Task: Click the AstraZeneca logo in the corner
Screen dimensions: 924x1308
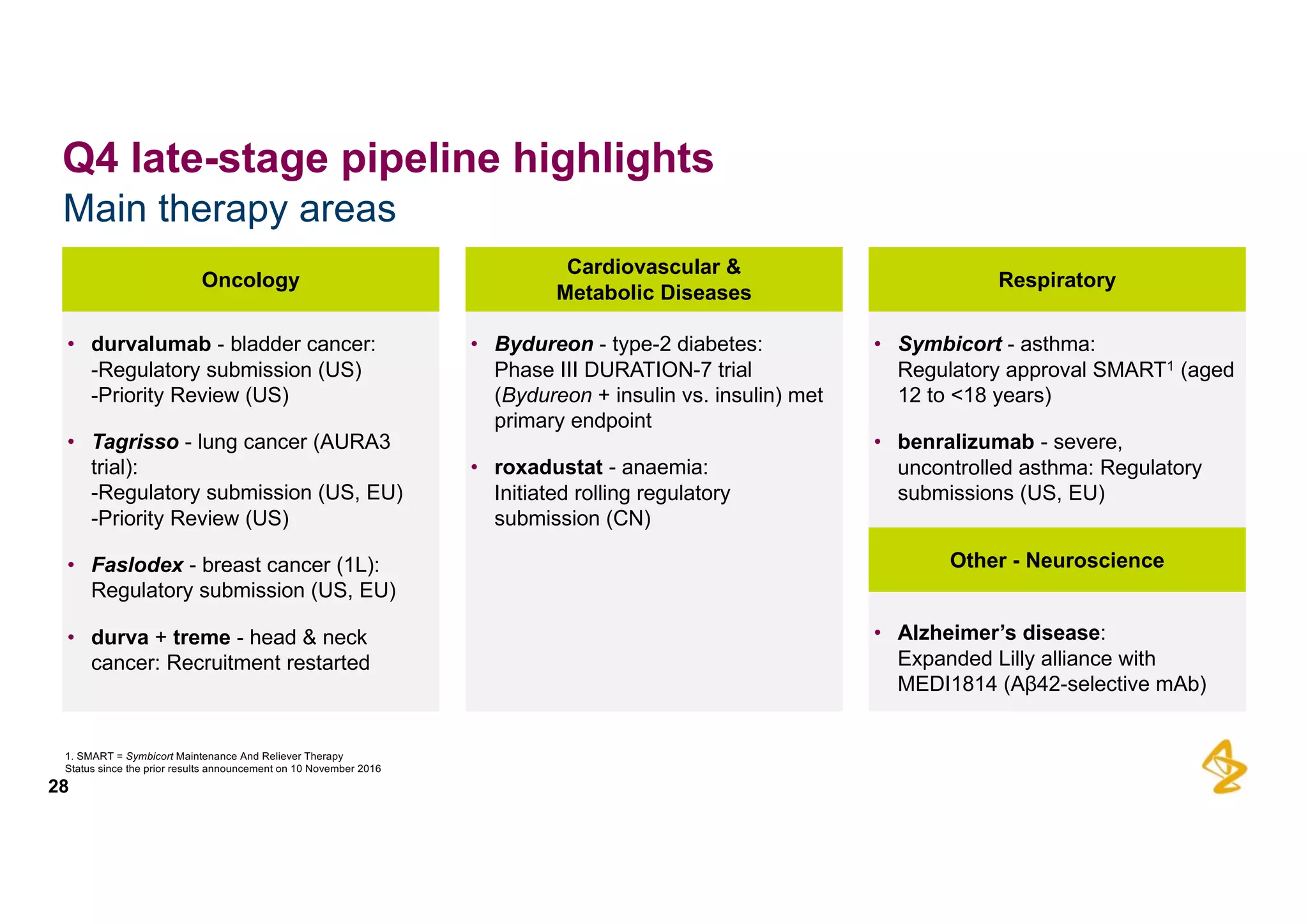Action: (x=1224, y=766)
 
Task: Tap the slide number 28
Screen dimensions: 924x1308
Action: (x=58, y=787)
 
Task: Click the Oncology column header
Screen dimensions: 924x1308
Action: (x=250, y=280)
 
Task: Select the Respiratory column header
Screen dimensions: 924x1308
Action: (x=1056, y=280)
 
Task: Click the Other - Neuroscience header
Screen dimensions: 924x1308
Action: (x=1056, y=560)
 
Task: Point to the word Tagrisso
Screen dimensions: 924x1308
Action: (x=135, y=442)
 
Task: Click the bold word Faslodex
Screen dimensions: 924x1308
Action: (x=137, y=565)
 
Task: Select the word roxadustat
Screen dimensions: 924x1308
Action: (x=548, y=467)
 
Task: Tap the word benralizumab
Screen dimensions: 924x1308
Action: (x=965, y=442)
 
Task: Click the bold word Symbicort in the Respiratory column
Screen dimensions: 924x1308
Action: (x=950, y=344)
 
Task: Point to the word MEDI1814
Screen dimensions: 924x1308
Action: (x=947, y=685)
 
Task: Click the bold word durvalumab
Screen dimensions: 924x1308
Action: (x=151, y=344)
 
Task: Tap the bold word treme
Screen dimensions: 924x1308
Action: (x=201, y=637)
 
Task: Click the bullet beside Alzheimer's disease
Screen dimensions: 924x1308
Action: (x=878, y=633)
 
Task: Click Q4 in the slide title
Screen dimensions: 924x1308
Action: (x=90, y=158)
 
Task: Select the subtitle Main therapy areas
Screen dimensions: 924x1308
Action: (x=229, y=209)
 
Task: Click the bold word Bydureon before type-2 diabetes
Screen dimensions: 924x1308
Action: (x=544, y=344)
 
